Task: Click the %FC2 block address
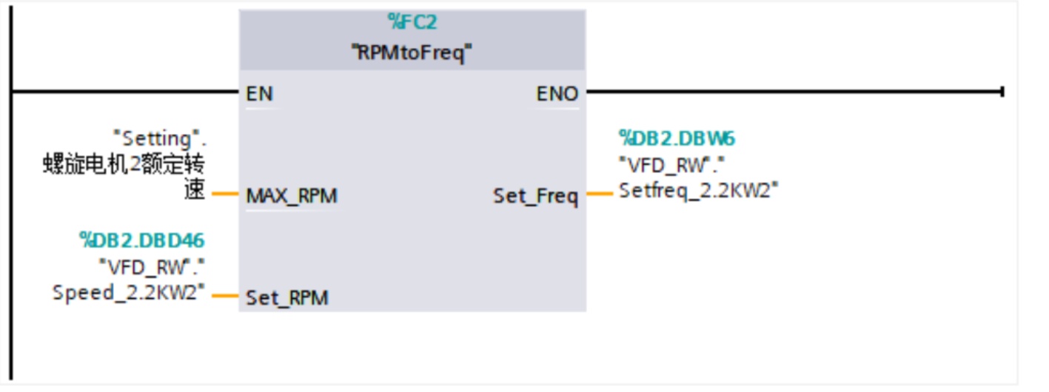click(x=412, y=23)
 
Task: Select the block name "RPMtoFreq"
click(x=412, y=53)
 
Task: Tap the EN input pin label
click(x=259, y=94)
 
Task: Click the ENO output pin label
click(x=557, y=94)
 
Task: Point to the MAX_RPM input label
click(x=292, y=196)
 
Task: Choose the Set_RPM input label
click(x=287, y=298)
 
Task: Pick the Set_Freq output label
click(x=535, y=197)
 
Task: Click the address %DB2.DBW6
click(x=677, y=138)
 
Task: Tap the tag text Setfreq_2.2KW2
click(x=698, y=191)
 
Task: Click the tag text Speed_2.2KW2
click(x=129, y=292)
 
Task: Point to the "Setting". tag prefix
click(x=164, y=138)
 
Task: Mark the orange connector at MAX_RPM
click(x=225, y=195)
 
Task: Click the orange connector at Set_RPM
click(x=225, y=297)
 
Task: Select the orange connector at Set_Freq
click(x=600, y=195)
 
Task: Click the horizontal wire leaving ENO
click(x=792, y=92)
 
